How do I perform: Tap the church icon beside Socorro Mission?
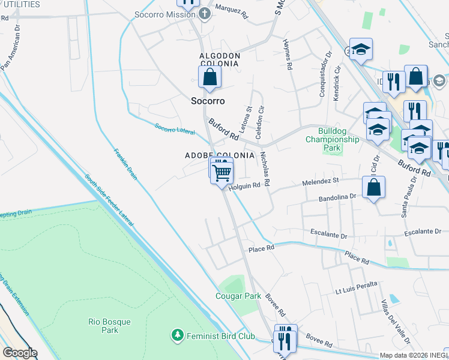click(205, 14)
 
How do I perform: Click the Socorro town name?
click(207, 101)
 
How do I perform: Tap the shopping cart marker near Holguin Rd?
click(222, 173)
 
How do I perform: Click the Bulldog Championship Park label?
click(332, 139)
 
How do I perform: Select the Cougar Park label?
click(238, 296)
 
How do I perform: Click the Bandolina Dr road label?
click(338, 196)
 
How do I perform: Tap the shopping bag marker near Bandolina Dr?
click(373, 187)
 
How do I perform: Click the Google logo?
click(19, 353)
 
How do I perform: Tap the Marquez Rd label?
click(231, 13)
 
